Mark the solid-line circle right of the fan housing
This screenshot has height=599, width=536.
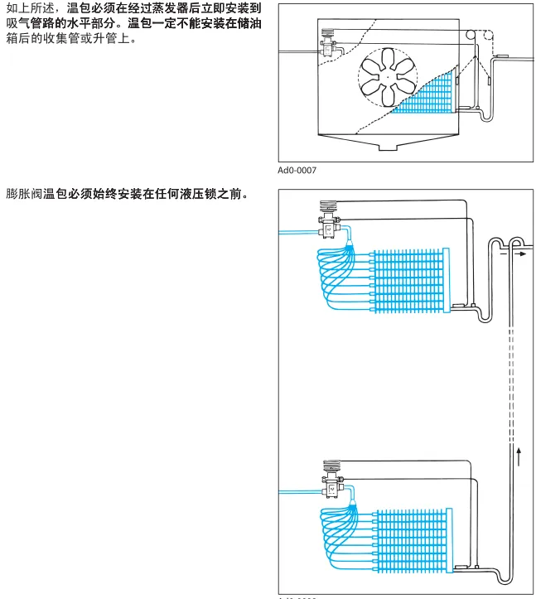471,36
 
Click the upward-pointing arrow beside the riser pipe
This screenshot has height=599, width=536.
519,455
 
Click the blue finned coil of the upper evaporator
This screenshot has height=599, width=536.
409,281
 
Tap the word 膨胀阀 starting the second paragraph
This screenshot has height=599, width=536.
26,196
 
